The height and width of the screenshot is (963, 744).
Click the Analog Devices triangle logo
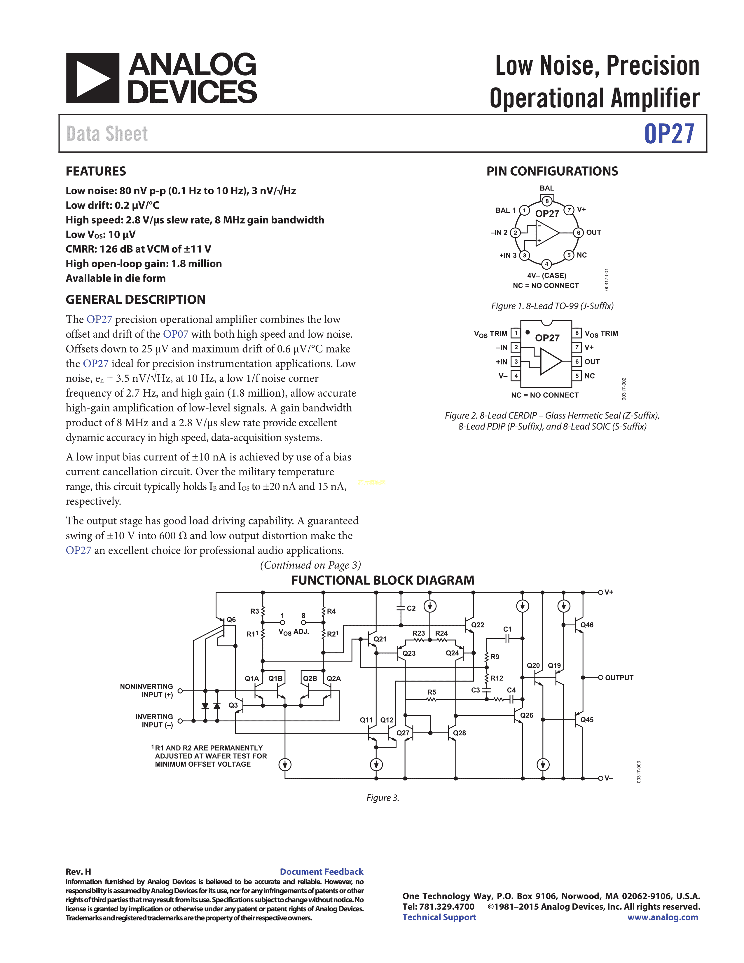click(x=92, y=78)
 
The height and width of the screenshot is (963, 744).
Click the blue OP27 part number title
click(x=669, y=134)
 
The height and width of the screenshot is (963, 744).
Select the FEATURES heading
click(x=96, y=171)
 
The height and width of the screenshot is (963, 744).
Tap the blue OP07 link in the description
click(x=175, y=334)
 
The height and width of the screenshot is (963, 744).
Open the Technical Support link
click(x=439, y=917)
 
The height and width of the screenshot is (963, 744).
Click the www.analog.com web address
click(x=663, y=917)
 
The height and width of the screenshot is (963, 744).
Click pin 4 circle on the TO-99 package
click(x=546, y=264)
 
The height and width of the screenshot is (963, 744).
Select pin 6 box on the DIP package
click(x=577, y=362)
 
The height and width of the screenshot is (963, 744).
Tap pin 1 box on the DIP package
click(x=516, y=333)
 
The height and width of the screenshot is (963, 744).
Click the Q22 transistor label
click(x=477, y=625)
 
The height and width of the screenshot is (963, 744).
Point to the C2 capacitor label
click(x=411, y=608)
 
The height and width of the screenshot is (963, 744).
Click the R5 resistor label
click(x=432, y=692)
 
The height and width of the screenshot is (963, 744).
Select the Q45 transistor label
click(x=587, y=720)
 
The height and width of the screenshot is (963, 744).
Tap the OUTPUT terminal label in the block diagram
click(x=619, y=678)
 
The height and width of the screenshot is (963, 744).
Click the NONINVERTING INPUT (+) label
click(x=146, y=690)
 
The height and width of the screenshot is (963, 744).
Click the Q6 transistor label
click(x=231, y=620)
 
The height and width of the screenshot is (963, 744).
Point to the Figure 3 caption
click(x=383, y=798)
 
